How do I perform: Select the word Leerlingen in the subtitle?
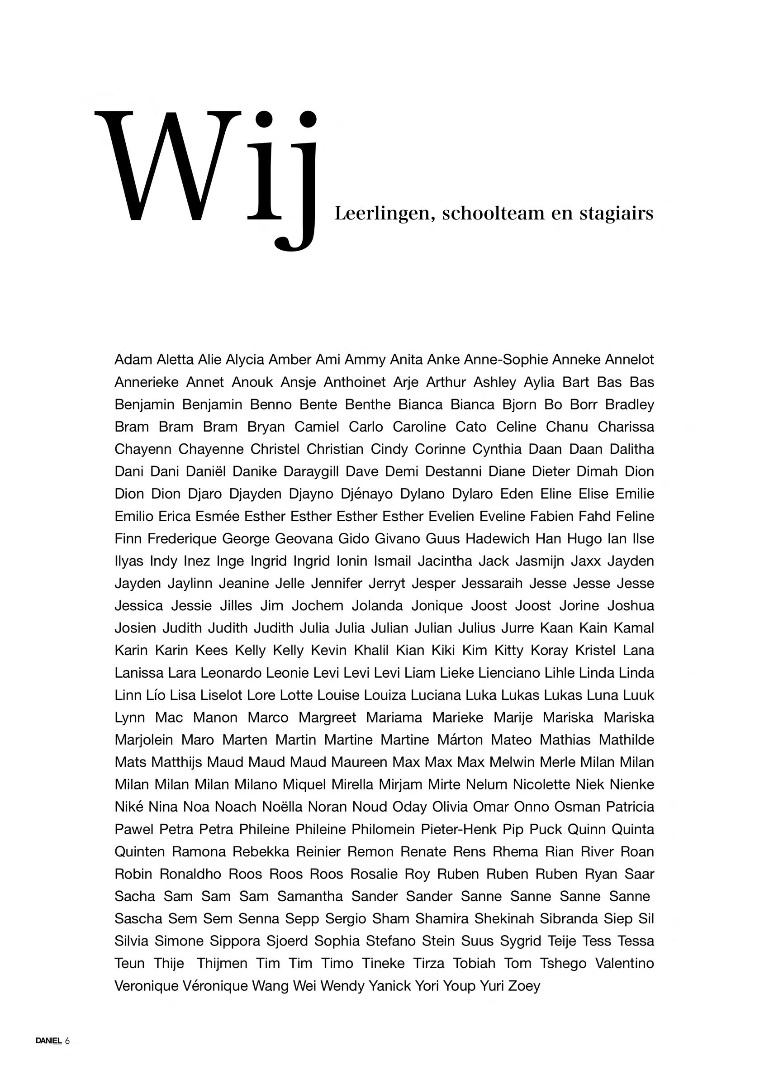(x=384, y=214)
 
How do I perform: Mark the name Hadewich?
(x=497, y=539)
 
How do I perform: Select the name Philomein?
(x=383, y=829)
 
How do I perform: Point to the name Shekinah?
(x=504, y=919)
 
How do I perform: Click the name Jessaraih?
(x=492, y=583)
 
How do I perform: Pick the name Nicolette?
(x=541, y=785)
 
